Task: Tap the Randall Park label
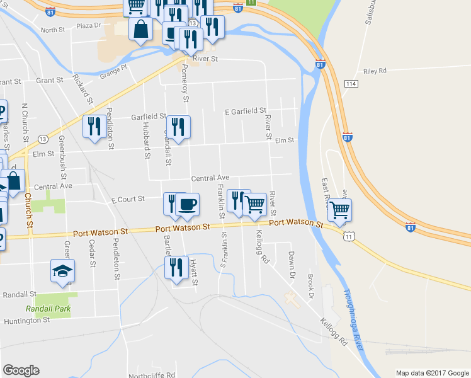pos(48,309)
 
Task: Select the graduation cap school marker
pos(63,271)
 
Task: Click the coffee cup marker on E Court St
pos(187,204)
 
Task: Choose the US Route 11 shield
pos(348,235)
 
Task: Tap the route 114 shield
pos(351,84)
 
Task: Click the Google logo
pos(21,370)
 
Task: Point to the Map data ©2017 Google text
pos(432,373)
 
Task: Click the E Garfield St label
pos(246,112)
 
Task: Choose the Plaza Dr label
pos(89,26)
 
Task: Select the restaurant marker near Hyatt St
pos(174,267)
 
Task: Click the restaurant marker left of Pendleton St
pos(94,126)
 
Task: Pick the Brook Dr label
pos(312,287)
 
